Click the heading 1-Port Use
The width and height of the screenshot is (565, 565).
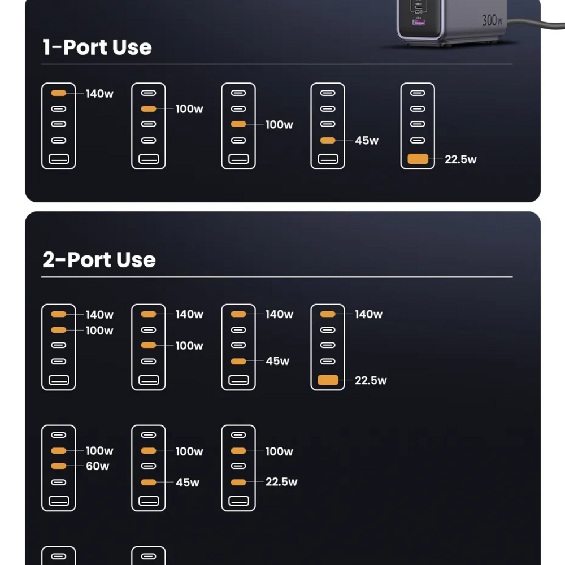pos(97,47)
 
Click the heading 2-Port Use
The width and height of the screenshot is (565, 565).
pos(99,260)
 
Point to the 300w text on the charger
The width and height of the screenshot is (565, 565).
pos(492,20)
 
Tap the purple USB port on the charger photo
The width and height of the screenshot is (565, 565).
pos(418,23)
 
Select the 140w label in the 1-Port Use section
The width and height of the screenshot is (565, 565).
pos(99,94)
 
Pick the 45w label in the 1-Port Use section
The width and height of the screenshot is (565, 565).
pos(367,141)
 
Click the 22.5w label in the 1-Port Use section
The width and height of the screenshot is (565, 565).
pos(460,159)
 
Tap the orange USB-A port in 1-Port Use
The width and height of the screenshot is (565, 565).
pos(418,159)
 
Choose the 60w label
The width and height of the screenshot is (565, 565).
pos(97,466)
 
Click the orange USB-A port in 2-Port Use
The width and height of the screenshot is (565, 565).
pos(328,380)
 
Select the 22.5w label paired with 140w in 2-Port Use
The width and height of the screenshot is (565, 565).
pos(371,380)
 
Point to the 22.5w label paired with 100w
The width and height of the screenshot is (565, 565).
pos(281,482)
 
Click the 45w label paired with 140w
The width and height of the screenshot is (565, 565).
pos(277,361)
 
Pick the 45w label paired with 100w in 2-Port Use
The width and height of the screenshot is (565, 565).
pos(188,483)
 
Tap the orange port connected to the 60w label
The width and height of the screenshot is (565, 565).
pos(58,466)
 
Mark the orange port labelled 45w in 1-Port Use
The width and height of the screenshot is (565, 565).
pos(328,140)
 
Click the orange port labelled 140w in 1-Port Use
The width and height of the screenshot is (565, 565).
pos(58,93)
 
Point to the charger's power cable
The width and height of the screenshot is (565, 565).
pos(536,24)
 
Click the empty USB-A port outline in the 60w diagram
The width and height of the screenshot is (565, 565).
pos(59,501)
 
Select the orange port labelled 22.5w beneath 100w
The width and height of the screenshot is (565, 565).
pos(238,482)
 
